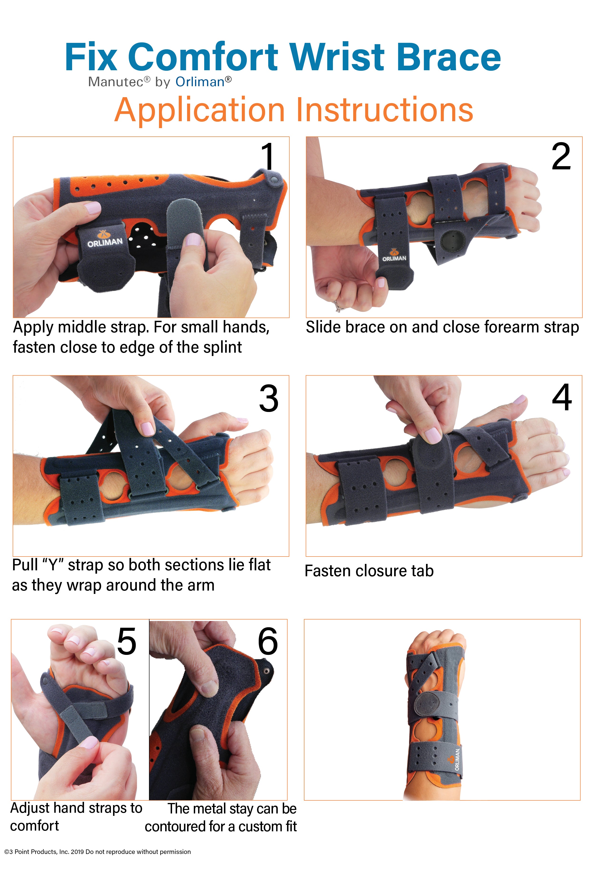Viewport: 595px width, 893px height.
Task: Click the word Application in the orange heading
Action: click(x=200, y=110)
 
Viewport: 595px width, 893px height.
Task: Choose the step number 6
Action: click(x=268, y=641)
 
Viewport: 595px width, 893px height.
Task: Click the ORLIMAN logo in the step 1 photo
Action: click(x=105, y=239)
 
